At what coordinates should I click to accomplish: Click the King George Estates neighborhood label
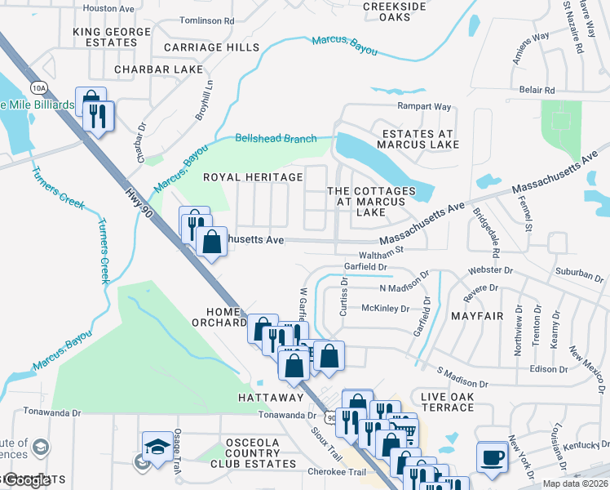[112, 38]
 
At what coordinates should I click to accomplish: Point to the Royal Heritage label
[253, 177]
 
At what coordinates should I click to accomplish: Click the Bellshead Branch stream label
[276, 139]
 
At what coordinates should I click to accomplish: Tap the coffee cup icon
[492, 456]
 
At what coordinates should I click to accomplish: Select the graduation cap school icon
[156, 446]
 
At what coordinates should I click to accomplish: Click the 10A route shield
[38, 87]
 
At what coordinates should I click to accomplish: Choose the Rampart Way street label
[424, 107]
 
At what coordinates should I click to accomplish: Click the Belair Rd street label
[538, 90]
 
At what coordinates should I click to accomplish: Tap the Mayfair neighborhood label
[475, 314]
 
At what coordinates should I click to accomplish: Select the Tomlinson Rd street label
[207, 20]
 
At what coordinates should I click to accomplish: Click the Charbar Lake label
[159, 69]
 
